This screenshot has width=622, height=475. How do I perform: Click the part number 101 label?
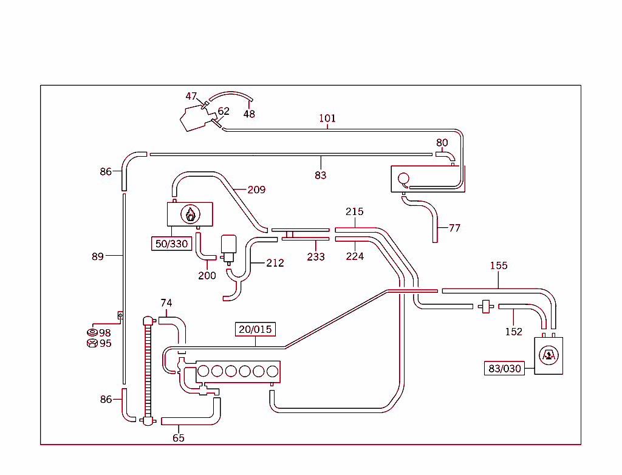coord(327,118)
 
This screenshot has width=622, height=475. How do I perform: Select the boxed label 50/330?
coord(171,244)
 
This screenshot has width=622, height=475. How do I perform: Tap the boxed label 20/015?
coord(255,329)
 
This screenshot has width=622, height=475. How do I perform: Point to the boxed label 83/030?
coord(504,368)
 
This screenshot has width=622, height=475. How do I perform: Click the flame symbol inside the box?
coord(190,214)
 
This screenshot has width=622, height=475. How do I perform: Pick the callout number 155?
coord(499,265)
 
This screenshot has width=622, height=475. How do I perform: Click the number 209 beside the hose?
coord(256,190)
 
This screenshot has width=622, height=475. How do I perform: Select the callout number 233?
coord(316,256)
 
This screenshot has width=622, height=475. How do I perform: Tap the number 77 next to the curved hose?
coord(454,228)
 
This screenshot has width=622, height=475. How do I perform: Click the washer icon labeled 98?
coord(92,332)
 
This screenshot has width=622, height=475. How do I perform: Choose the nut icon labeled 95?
coord(92,343)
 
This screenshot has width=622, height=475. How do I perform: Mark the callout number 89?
coord(98,256)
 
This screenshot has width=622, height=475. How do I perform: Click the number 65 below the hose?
coord(178,437)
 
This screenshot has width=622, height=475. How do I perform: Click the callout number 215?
coord(355,211)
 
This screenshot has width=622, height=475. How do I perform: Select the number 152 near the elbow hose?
coord(514,332)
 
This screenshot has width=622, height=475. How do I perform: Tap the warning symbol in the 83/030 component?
coord(548,355)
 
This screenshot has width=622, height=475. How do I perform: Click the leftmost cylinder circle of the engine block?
coord(204,371)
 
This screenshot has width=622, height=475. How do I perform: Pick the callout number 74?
coord(166,302)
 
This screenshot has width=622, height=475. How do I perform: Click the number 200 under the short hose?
coord(207,275)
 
